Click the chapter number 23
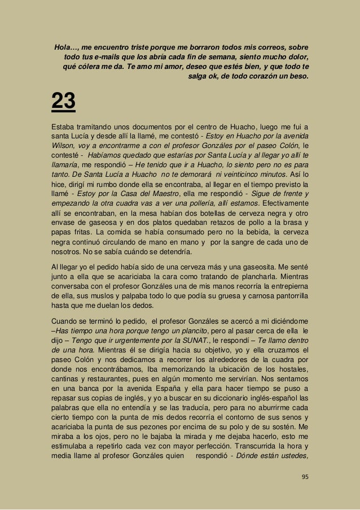tap(64, 103)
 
